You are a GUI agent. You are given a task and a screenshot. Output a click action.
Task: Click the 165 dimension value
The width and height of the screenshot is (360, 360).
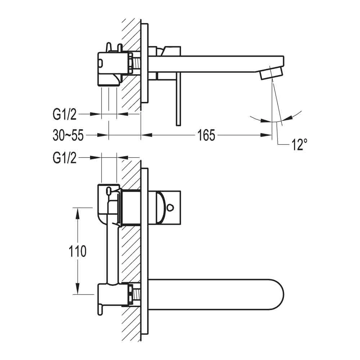coord(206,135)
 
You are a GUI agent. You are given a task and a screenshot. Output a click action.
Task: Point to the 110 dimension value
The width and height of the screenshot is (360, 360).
coord(77,251)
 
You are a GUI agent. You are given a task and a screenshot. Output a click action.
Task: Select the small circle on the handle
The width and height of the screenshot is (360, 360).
coord(170,207)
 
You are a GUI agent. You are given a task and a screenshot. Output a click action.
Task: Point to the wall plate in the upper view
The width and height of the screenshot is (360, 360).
coord(144,67)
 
